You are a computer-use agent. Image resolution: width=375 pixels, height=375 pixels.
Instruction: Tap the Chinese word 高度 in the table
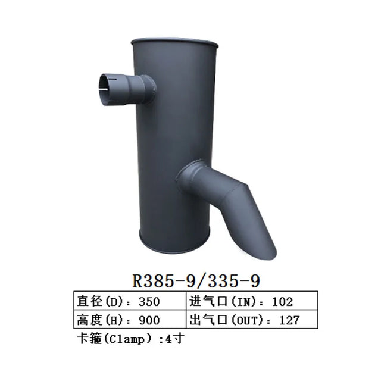87,320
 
